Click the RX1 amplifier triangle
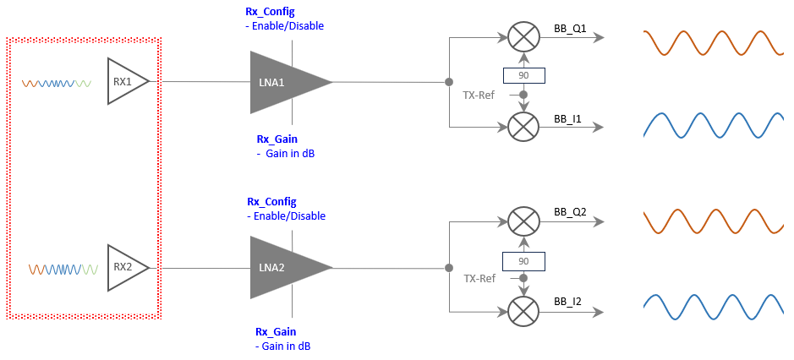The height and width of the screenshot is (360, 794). (125, 82)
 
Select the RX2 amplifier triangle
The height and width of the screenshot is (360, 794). (125, 268)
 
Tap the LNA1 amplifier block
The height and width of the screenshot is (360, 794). (282, 82)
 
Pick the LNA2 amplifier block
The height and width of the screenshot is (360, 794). (282, 267)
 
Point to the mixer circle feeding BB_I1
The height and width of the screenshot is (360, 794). (523, 127)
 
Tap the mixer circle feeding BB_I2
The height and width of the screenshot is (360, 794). (523, 312)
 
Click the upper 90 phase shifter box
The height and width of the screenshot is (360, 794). (523, 76)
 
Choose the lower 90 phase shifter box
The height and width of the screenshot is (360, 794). (523, 261)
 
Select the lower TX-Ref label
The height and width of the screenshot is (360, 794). (479, 278)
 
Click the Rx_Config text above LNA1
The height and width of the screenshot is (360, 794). (271, 12)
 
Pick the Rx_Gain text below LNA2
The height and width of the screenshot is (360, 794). (277, 332)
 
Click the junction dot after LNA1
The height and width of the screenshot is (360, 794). (448, 82)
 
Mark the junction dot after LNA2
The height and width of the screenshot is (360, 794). (448, 268)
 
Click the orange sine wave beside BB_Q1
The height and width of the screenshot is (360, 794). (709, 42)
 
